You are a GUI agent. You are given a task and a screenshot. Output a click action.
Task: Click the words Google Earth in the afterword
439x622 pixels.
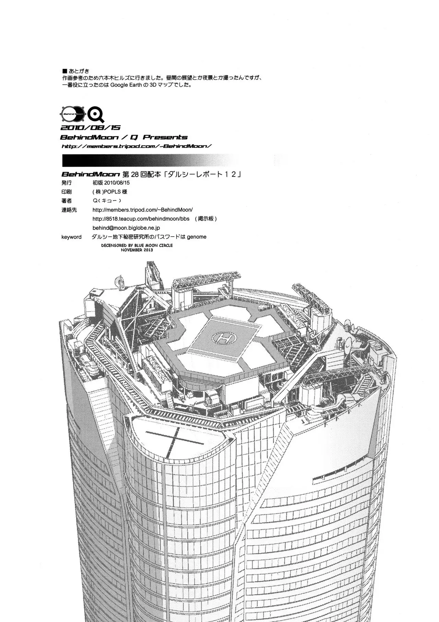click(x=127, y=84)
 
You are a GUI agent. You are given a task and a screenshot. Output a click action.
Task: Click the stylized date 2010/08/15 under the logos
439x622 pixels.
click(x=90, y=128)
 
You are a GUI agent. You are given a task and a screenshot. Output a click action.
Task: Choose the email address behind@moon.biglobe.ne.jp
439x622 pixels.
click(x=126, y=228)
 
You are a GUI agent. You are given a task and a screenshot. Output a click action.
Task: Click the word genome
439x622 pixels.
click(x=197, y=237)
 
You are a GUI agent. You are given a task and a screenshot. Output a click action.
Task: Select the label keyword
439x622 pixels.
click(x=71, y=237)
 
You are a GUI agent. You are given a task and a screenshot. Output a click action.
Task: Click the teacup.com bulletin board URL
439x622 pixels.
click(x=141, y=219)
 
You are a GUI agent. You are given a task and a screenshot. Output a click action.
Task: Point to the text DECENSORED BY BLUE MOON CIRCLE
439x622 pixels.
click(x=137, y=246)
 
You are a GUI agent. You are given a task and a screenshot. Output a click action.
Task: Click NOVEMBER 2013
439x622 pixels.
click(x=137, y=250)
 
